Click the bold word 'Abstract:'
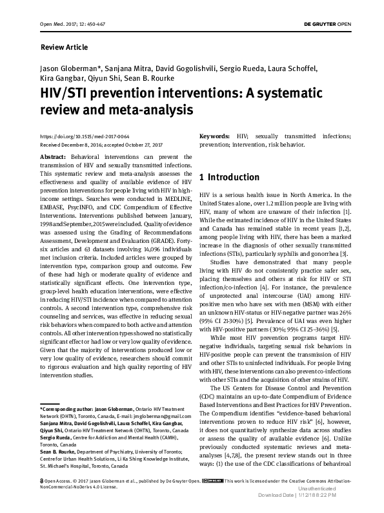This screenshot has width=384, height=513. click(x=52, y=157)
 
